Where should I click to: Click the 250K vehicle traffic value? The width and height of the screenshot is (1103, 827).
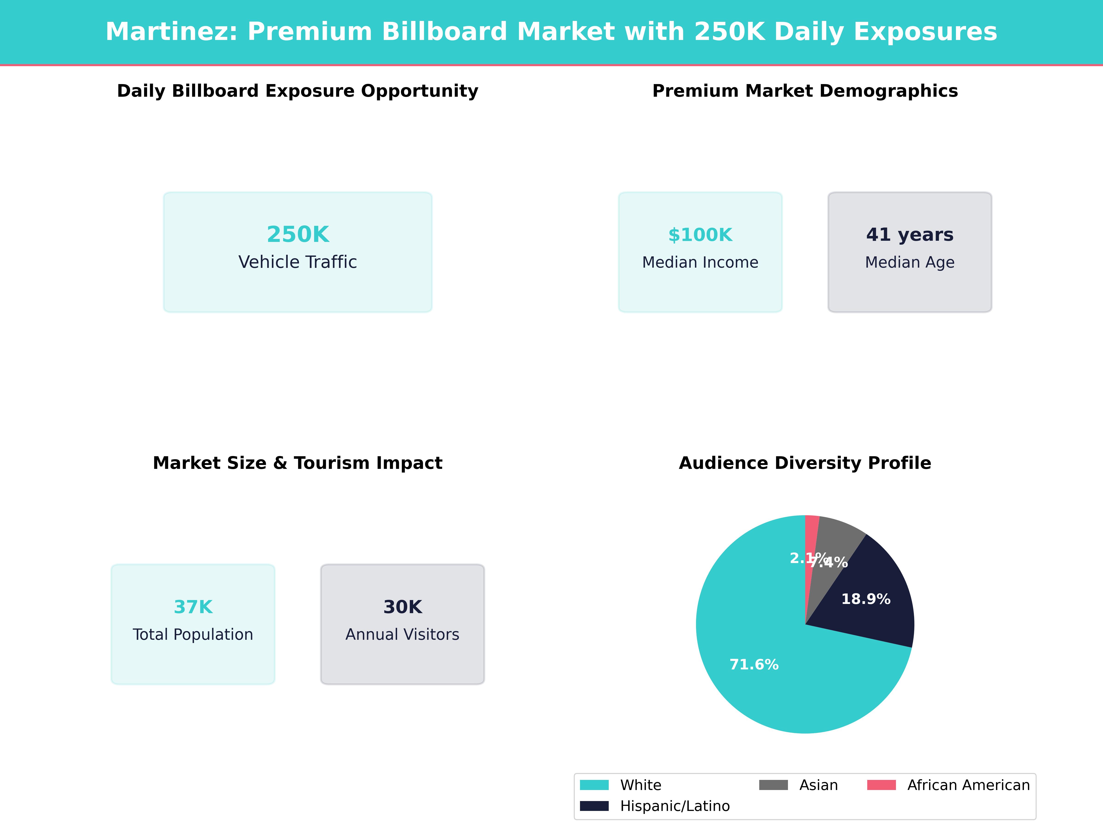[298, 234]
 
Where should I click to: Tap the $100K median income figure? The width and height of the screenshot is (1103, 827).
[700, 235]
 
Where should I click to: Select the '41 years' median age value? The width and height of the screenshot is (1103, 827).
[910, 234]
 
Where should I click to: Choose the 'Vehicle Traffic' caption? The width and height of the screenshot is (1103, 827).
[298, 262]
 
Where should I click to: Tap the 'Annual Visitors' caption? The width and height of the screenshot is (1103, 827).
[402, 634]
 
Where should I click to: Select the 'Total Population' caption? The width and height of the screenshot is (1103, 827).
[193, 634]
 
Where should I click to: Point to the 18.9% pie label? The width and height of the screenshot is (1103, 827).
[866, 599]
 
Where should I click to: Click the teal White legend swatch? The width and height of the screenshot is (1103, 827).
[594, 785]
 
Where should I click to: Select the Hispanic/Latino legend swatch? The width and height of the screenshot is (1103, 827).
[594, 806]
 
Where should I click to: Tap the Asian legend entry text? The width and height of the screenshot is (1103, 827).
[818, 785]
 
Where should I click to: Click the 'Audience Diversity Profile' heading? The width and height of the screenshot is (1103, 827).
[805, 463]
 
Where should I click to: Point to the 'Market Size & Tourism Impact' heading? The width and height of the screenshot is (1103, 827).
[298, 463]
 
